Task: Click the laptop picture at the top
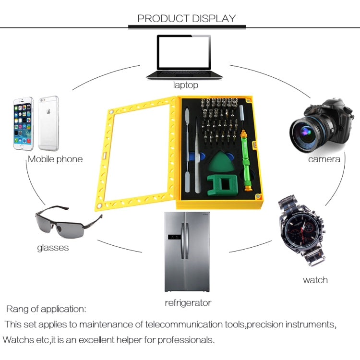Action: [185, 57]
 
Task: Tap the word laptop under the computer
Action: [185, 85]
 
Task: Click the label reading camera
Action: [324, 159]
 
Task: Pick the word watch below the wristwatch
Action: [315, 280]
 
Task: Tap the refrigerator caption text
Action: [188, 303]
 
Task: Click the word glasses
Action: [53, 248]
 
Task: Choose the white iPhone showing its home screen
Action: [23, 123]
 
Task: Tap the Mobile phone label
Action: [55, 159]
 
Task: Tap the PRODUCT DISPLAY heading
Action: [187, 19]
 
